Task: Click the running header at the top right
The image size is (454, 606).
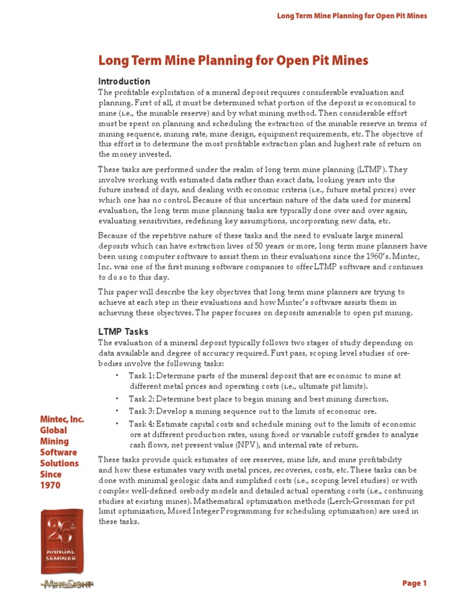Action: pyautogui.click(x=352, y=15)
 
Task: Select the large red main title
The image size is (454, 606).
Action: pyautogui.click(x=233, y=60)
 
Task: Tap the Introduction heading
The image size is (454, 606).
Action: pyautogui.click(x=124, y=81)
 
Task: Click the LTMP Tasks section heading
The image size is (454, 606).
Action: pyautogui.click(x=123, y=331)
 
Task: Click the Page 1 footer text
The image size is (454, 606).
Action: pyautogui.click(x=414, y=584)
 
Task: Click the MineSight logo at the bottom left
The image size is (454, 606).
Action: pyautogui.click(x=61, y=584)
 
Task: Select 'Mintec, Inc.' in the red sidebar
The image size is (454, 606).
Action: pyautogui.click(x=61, y=420)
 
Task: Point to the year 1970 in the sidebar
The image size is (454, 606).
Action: pyautogui.click(x=50, y=485)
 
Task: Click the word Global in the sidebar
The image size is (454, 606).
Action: pyautogui.click(x=54, y=430)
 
